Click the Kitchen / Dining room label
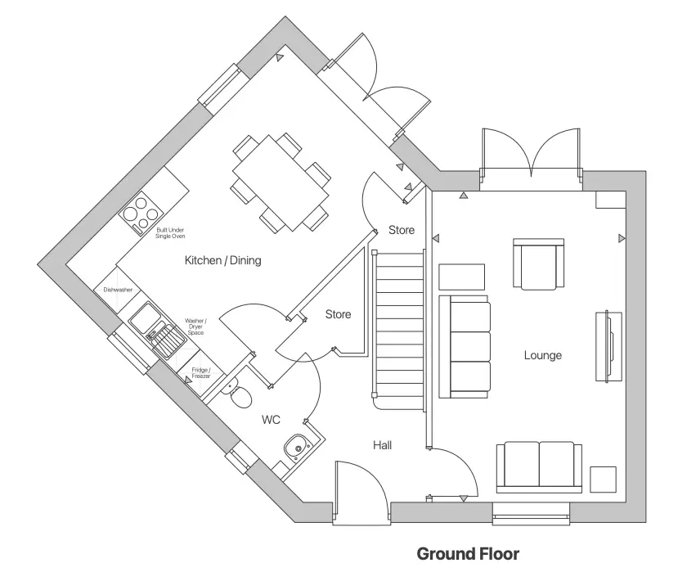pyautogui.click(x=222, y=261)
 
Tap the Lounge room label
pyautogui.click(x=542, y=355)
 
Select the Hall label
pyautogui.click(x=382, y=445)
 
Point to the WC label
pyautogui.click(x=271, y=420)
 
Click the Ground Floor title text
pyautogui.click(x=468, y=554)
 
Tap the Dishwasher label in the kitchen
pyautogui.click(x=118, y=290)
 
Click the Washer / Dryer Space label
pyautogui.click(x=195, y=327)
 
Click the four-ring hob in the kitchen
pyautogui.click(x=140, y=209)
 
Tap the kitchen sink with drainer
pyautogui.click(x=160, y=330)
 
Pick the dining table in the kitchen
pyautogui.click(x=280, y=183)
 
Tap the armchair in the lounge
pyautogui.click(x=537, y=263)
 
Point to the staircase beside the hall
pyautogui.click(x=399, y=327)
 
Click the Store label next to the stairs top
pyautogui.click(x=401, y=230)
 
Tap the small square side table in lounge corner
pyautogui.click(x=604, y=479)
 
